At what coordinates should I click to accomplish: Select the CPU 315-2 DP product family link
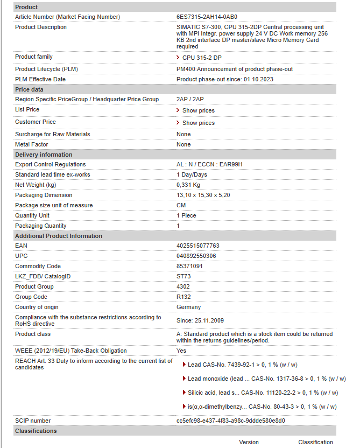(201, 58)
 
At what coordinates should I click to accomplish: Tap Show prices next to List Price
(198, 110)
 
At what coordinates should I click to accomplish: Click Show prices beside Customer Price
(198, 123)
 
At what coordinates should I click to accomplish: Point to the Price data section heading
(29, 89)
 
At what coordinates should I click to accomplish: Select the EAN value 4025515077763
(198, 246)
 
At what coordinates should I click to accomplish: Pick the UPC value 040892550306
(196, 256)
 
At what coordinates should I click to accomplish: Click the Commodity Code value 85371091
(189, 266)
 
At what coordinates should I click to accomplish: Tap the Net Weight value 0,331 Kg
(188, 185)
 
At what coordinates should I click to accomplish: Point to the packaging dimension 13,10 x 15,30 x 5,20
(203, 195)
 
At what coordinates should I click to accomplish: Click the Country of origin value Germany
(188, 307)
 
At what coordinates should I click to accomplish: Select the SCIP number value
(230, 421)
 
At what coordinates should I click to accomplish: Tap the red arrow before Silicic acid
(185, 393)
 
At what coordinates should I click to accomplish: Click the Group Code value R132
(183, 297)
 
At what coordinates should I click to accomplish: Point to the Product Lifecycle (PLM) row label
(47, 69)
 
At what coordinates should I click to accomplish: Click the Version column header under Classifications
(249, 442)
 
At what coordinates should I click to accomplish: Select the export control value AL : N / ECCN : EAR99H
(209, 164)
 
